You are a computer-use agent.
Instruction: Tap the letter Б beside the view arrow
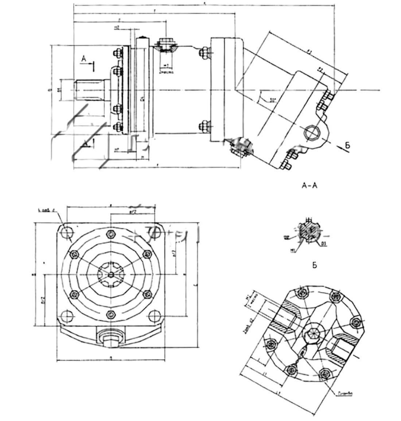pyautogui.click(x=347, y=146)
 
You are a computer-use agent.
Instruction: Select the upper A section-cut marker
pyautogui.click(x=84, y=59)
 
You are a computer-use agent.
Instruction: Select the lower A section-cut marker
pyautogui.click(x=85, y=143)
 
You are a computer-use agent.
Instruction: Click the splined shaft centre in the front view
pyautogui.click(x=110, y=274)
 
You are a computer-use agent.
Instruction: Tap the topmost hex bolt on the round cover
pyautogui.click(x=110, y=234)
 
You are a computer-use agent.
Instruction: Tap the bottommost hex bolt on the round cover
pyautogui.click(x=110, y=314)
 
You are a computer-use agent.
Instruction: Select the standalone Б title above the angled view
pyautogui.click(x=314, y=265)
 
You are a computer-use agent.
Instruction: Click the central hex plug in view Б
pyautogui.click(x=312, y=332)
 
